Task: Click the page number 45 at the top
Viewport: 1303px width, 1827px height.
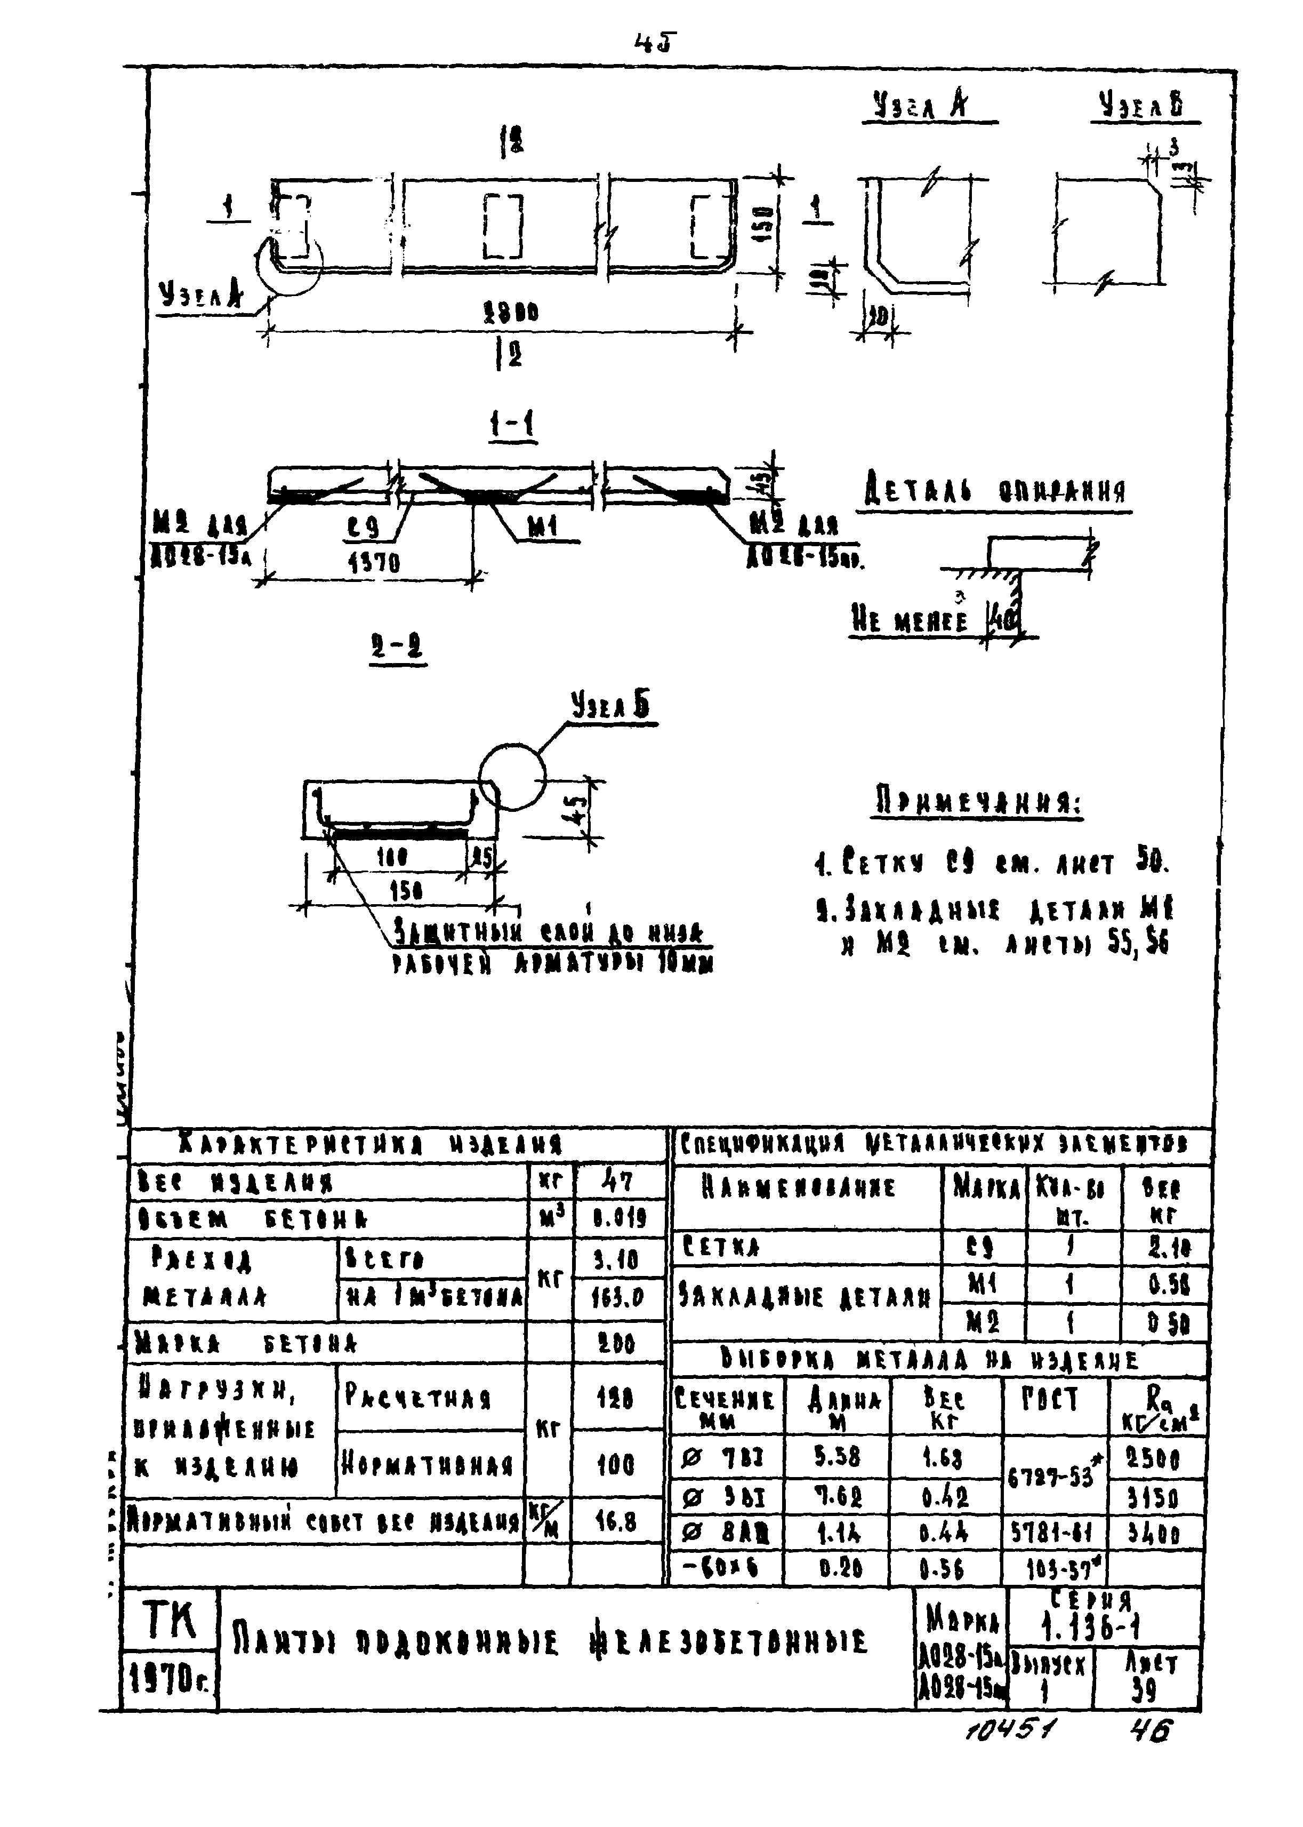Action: (654, 43)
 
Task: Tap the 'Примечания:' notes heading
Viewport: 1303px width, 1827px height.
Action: (977, 803)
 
